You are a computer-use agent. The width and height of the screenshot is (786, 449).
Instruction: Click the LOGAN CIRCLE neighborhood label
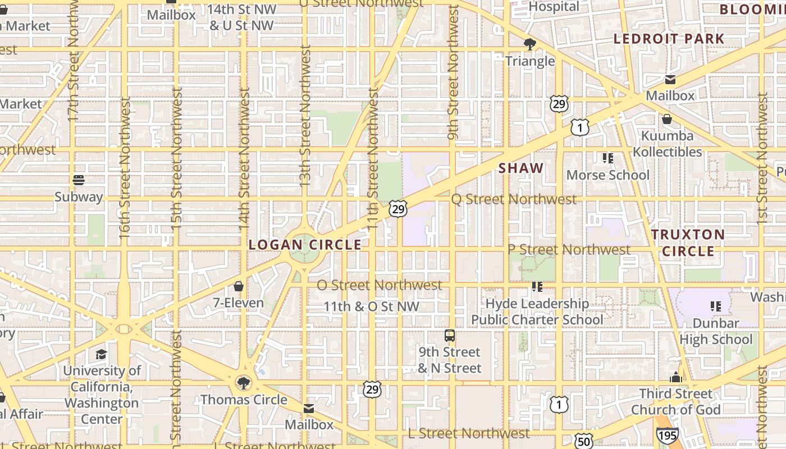coord(305,245)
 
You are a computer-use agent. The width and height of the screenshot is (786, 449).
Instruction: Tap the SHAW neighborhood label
coord(521,168)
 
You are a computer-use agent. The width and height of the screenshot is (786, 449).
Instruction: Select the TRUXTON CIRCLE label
coord(688,242)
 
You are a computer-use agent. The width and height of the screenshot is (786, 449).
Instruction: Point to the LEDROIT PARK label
coord(669,39)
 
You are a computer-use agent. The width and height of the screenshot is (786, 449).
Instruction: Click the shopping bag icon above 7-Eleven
coord(239,287)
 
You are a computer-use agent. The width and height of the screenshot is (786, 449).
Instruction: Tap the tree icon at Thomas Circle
coord(244,383)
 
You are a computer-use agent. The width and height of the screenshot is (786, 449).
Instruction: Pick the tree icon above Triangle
coord(529,44)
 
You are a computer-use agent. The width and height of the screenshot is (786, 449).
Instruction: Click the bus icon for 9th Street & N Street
coord(450,336)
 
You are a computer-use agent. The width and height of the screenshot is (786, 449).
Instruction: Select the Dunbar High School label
coord(716,331)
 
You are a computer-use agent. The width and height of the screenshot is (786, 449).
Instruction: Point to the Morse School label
coord(607,175)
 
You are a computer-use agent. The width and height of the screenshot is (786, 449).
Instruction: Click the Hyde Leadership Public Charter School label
coord(537,311)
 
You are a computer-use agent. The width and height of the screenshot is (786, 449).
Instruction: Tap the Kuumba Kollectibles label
coord(668,144)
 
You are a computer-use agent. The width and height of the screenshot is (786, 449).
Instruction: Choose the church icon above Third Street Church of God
coord(676,377)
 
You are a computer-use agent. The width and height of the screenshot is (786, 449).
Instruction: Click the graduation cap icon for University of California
coord(101,354)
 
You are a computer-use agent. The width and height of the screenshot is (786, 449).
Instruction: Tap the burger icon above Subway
coord(79,180)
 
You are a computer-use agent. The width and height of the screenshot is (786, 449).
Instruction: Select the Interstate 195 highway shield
coord(667,434)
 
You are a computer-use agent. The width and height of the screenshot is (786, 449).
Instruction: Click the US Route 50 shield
coord(584,441)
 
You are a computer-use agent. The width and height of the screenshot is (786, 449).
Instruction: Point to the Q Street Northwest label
coord(514,199)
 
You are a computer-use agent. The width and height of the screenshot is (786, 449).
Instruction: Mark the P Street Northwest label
coord(569,249)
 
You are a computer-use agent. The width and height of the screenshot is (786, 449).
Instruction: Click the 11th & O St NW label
coord(372,306)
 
